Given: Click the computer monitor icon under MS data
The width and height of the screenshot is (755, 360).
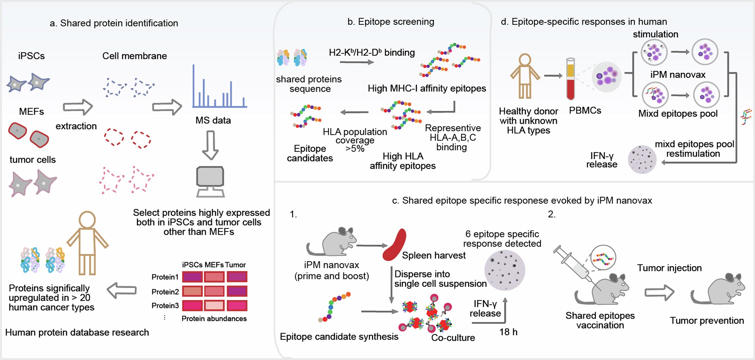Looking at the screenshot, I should [210, 181].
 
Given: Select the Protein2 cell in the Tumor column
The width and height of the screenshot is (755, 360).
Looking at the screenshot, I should [237, 291].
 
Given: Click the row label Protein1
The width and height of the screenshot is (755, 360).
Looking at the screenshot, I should [165, 277].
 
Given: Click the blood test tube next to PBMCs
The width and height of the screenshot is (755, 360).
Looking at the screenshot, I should [571, 79].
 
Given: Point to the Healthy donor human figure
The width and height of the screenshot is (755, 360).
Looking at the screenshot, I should [525, 76].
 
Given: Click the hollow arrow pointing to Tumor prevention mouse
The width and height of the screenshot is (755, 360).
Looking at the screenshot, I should [659, 293].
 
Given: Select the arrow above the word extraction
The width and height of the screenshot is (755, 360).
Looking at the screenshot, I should [78, 108].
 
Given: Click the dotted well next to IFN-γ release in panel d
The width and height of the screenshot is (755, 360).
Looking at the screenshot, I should [642, 159].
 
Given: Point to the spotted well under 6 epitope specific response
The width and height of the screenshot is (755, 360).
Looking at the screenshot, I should [505, 270].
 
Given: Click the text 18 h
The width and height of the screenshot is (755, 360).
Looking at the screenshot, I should [508, 332].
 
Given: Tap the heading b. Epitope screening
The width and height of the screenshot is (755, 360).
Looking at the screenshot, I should [391, 22].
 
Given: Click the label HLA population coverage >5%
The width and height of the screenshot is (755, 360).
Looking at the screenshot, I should [355, 140].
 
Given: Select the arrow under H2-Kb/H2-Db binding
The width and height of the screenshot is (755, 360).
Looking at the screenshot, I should [357, 62].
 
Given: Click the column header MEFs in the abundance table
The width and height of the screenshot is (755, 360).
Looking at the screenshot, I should [214, 265].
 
